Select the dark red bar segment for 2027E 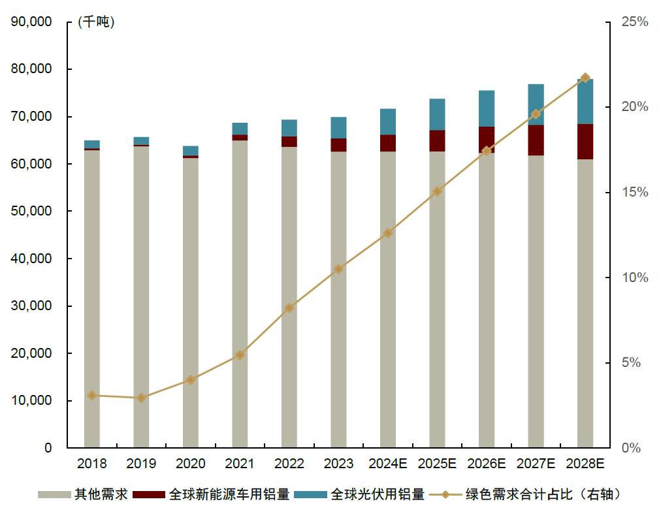pos(536,140)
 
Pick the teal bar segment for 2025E pos(437,114)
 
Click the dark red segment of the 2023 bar pos(338,145)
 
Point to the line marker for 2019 pos(141,398)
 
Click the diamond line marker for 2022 pos(289,308)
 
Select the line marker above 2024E pos(388,233)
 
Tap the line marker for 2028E pos(585,78)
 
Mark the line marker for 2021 pos(240,355)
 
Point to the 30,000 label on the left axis pos(31,306)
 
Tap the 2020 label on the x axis pos(190,464)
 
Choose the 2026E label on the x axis pos(487,464)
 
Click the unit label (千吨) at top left pos(95,22)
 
